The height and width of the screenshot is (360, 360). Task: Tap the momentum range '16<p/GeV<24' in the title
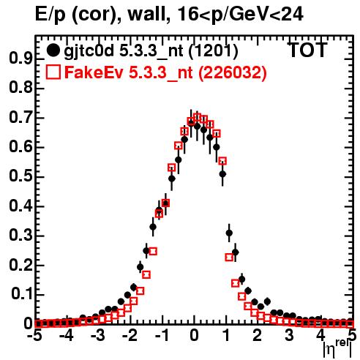click(240, 14)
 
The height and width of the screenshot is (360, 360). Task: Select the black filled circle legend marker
click(53, 50)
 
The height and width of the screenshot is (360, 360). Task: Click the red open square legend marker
click(53, 72)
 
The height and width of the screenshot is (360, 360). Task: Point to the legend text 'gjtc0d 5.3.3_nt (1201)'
click(151, 52)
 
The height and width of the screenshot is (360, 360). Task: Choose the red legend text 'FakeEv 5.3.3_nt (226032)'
click(165, 72)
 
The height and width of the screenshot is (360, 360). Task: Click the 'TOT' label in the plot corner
click(307, 50)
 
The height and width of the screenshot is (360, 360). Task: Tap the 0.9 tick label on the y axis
click(20, 59)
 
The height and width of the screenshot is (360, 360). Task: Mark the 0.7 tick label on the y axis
click(20, 118)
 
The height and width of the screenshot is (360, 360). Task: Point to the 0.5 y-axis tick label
click(20, 177)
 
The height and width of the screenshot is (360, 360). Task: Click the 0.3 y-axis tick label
click(20, 236)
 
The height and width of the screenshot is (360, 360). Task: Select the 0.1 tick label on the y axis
click(21, 295)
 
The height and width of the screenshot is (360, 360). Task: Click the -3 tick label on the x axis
click(98, 336)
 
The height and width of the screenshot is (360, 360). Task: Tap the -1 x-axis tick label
click(161, 336)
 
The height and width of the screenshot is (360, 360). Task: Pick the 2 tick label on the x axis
click(258, 336)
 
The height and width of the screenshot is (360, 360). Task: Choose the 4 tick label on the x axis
click(321, 336)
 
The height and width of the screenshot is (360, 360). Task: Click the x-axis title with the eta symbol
click(337, 349)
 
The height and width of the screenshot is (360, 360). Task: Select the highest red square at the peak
click(197, 117)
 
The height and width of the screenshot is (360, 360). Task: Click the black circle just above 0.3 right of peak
click(229, 233)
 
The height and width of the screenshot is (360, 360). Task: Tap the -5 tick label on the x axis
click(36, 336)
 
